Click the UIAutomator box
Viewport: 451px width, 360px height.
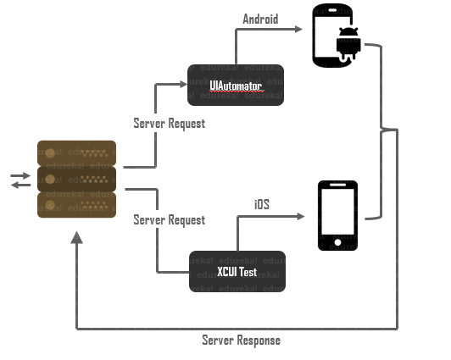click(237, 86)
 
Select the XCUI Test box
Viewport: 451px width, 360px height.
click(237, 272)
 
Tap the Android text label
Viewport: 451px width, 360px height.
click(261, 19)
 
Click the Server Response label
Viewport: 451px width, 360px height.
click(241, 341)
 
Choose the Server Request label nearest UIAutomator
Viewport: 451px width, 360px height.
click(169, 124)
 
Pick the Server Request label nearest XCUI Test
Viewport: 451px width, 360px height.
click(169, 220)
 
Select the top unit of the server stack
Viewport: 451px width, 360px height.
click(76, 153)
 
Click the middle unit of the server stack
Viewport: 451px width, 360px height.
click(76, 179)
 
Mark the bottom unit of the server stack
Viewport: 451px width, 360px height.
click(76, 204)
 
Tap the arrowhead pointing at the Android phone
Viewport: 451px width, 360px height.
click(298, 29)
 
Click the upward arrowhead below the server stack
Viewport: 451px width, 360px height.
click(77, 239)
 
